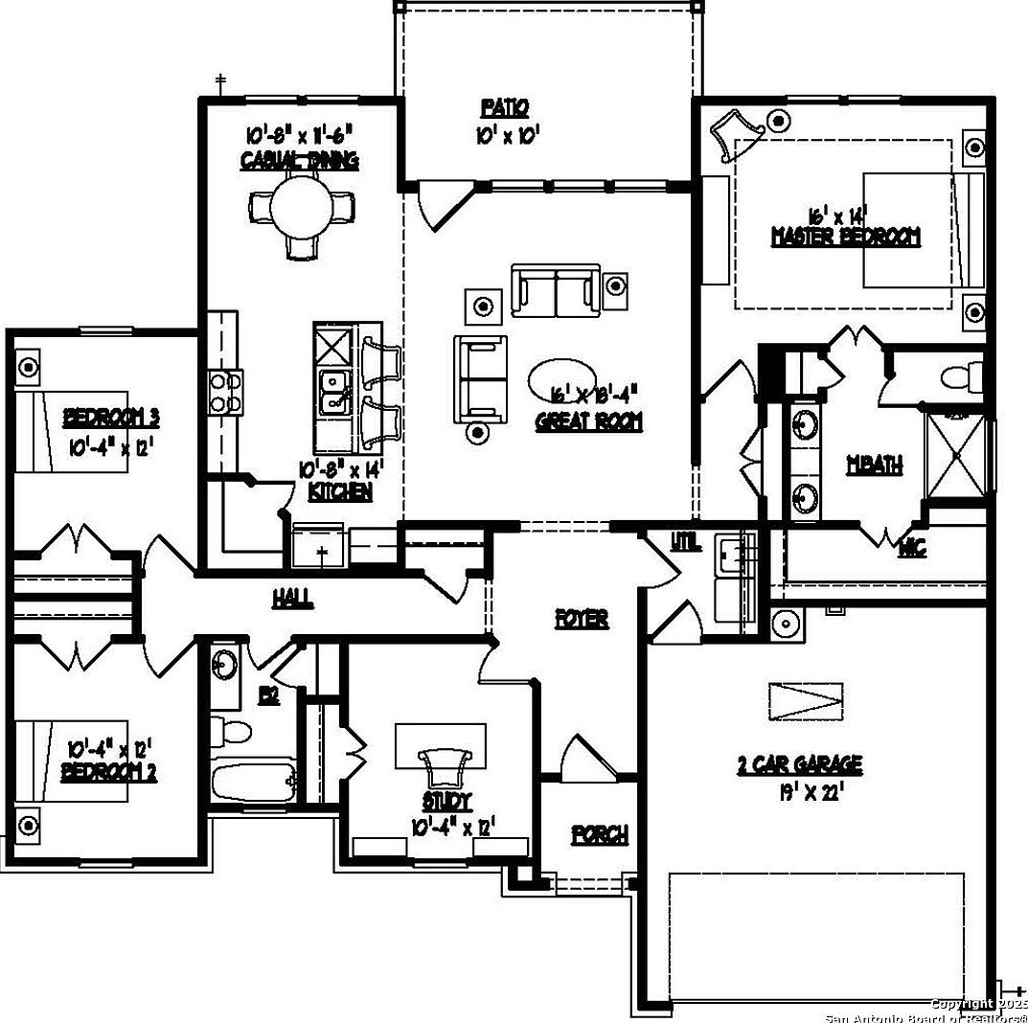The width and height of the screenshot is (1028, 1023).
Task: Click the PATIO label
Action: [x=504, y=107]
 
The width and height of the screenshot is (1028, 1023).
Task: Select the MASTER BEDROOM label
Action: [x=845, y=237]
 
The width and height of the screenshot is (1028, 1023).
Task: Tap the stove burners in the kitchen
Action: [x=226, y=393]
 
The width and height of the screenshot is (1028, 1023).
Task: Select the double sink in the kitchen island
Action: [x=334, y=392]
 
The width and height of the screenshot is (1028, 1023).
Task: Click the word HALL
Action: [x=292, y=599]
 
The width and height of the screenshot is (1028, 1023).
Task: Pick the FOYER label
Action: [x=582, y=619]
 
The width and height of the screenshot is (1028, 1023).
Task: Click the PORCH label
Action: [x=600, y=834]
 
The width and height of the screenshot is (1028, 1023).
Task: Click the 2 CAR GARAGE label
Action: [x=799, y=764]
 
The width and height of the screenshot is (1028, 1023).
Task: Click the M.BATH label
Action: [x=874, y=466]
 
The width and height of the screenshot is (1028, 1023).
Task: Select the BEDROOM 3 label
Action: [x=110, y=418]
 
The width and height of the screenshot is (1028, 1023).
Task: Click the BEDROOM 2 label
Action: [x=109, y=770]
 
